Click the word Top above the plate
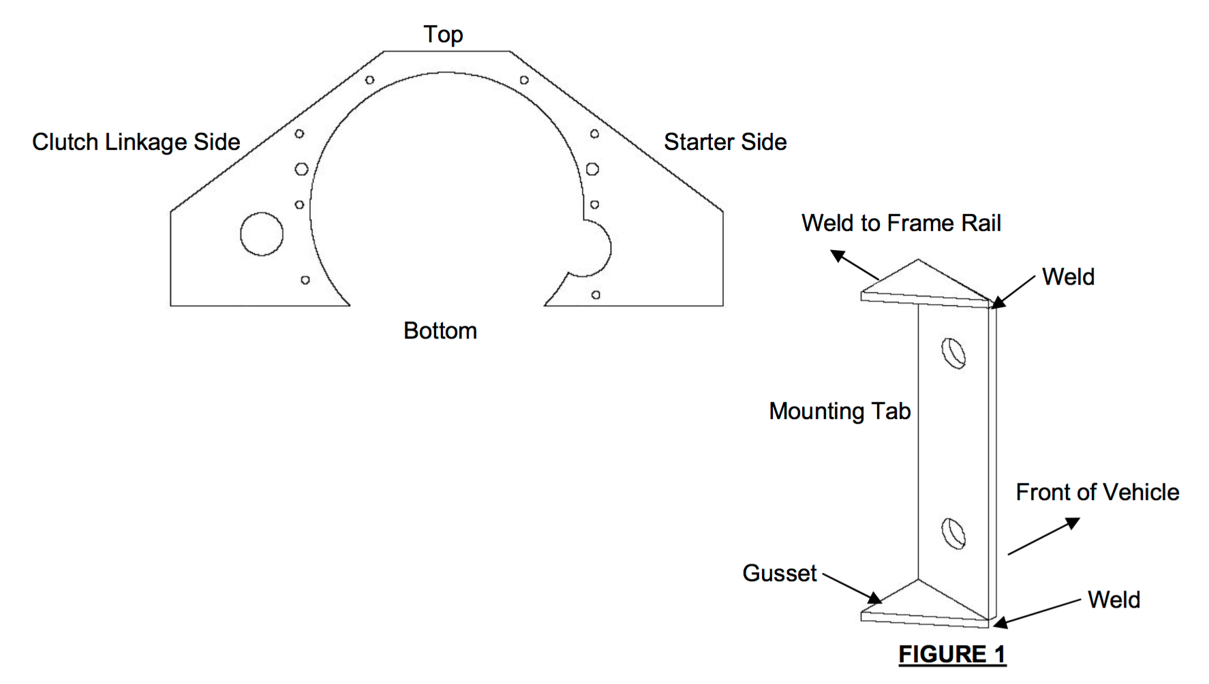coord(443,34)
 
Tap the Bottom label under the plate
coord(440,331)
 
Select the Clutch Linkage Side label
coord(136,142)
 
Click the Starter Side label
coord(725,142)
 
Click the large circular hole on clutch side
coord(262,234)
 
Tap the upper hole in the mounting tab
coord(953,353)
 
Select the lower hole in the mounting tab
coord(953,533)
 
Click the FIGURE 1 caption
coord(952,654)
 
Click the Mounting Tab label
coord(840,411)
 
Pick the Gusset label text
coord(779,573)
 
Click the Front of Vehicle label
coord(1097,492)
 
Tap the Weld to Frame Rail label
coord(901,223)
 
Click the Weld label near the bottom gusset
coord(1114,600)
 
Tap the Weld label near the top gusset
coord(1068,277)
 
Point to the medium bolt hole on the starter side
coord(592,169)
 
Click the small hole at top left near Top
coord(369,80)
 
